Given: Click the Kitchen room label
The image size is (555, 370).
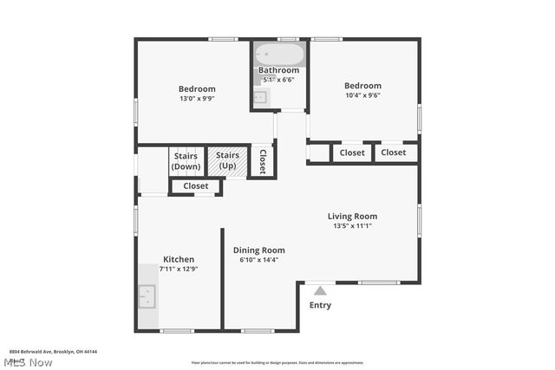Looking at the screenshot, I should click(179, 259).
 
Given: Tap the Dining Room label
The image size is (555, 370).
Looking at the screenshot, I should click(258, 250).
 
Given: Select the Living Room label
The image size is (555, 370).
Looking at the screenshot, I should click(352, 216).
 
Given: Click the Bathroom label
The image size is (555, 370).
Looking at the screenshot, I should click(278, 70).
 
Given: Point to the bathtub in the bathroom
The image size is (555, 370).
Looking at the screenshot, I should click(278, 56).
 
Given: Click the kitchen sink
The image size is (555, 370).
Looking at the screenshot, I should click(147, 296).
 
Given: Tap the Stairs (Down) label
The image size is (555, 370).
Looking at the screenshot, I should click(186, 161).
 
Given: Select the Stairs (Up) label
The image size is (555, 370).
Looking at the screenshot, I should click(227, 161).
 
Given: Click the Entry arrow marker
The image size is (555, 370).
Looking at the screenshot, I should click(320, 291).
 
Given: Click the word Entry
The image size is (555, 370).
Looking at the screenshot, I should click(320, 305).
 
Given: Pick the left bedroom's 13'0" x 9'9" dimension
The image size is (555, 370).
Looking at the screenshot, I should click(197, 99).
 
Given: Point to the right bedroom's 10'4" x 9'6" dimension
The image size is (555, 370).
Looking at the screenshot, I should click(362, 95).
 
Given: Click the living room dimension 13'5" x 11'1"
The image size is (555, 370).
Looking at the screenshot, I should click(352, 226).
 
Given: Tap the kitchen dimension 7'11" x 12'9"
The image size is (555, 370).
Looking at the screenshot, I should click(179, 269).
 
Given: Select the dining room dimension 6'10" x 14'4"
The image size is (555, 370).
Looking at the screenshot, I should click(258, 260).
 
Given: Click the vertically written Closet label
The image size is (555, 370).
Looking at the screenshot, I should click(263, 160).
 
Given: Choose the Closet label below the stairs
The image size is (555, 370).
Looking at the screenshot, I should click(195, 185).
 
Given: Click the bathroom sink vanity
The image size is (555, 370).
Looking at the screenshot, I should click(260, 97).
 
